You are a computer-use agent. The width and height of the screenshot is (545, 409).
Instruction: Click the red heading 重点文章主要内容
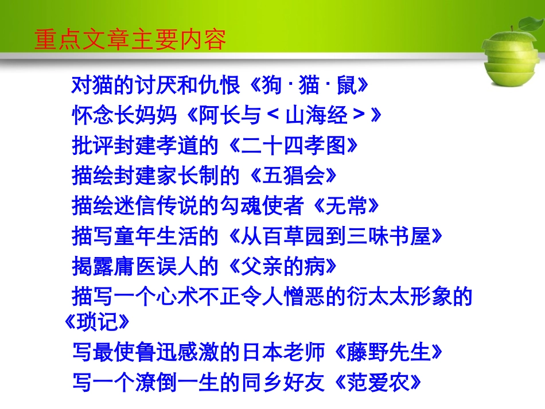click(130, 40)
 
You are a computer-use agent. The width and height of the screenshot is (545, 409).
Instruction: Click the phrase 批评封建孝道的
click(146, 146)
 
